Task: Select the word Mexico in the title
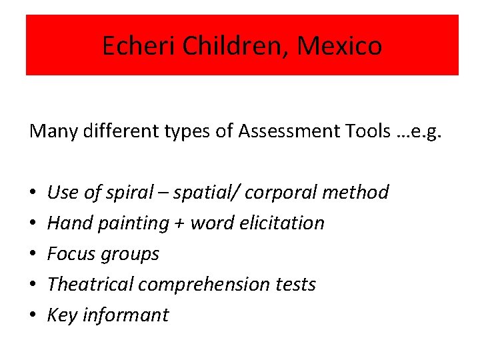click(340, 45)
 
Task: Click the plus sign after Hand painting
click(179, 223)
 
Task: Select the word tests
click(295, 285)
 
